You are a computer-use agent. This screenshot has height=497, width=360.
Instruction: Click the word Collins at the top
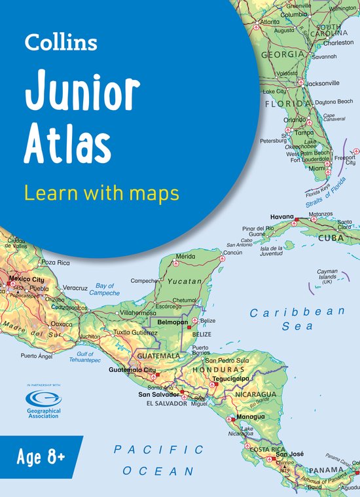tap(61, 44)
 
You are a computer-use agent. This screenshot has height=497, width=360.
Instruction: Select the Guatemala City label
tap(132, 371)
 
